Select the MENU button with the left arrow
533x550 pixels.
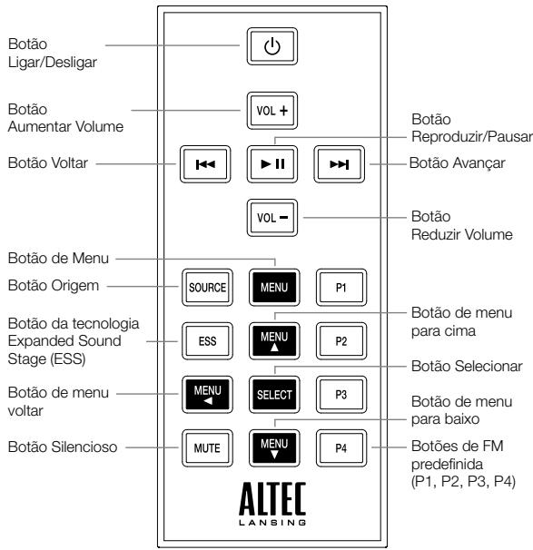click(x=204, y=396)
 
